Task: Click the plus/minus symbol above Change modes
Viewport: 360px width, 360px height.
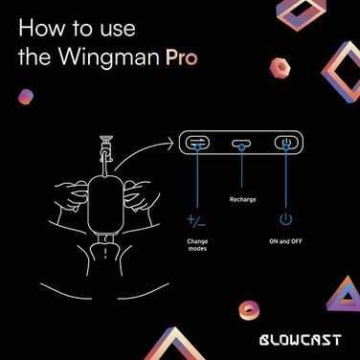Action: [x=196, y=221]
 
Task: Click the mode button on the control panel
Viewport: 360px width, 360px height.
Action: [x=197, y=144]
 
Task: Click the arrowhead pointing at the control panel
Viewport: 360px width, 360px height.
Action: [x=172, y=145]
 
